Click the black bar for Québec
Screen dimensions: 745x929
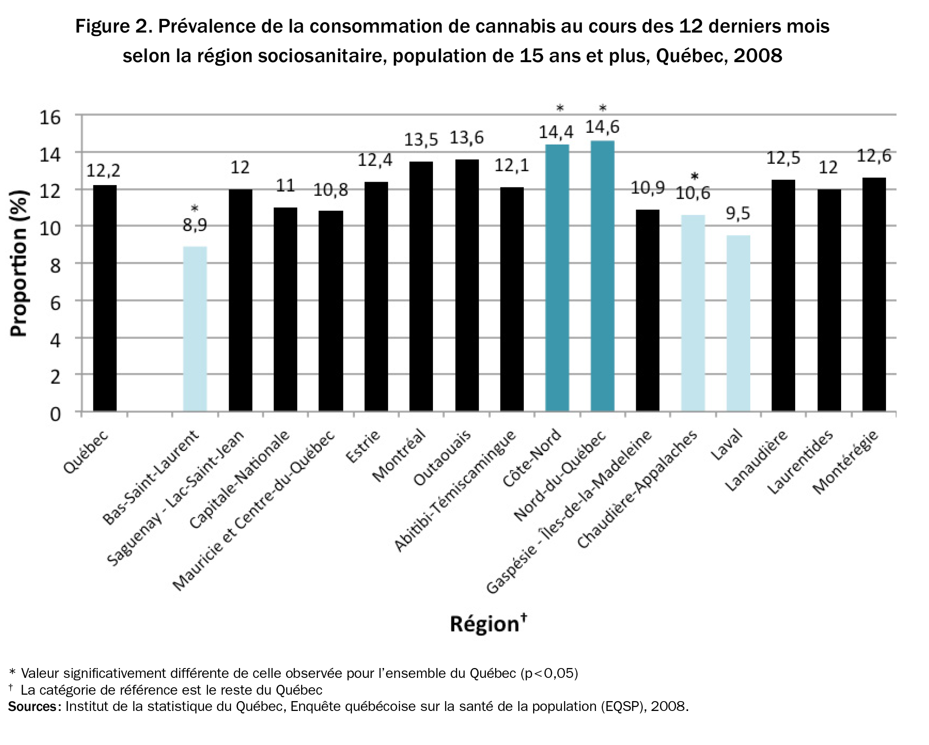(105, 298)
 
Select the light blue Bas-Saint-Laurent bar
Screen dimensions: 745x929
(195, 329)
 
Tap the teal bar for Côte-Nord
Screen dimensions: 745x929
(557, 277)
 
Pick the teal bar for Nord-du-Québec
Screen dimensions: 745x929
(602, 275)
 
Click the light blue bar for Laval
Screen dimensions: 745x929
(738, 323)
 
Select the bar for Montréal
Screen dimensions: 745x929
(421, 286)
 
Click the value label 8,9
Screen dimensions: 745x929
(195, 225)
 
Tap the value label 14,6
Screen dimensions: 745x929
(602, 127)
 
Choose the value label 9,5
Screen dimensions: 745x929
(738, 214)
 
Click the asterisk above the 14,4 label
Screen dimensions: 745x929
(560, 108)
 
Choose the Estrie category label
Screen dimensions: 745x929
(364, 447)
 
